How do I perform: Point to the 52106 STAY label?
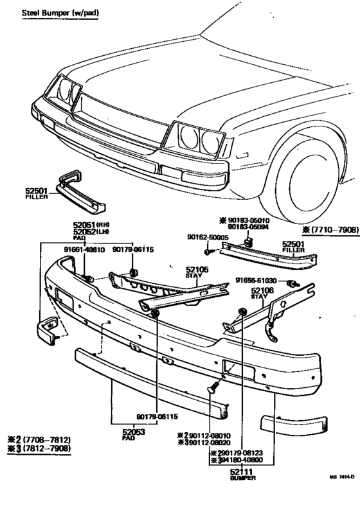pos(261,292)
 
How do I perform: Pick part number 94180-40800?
pos(247,461)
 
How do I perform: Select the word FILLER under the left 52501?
pos(32,197)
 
